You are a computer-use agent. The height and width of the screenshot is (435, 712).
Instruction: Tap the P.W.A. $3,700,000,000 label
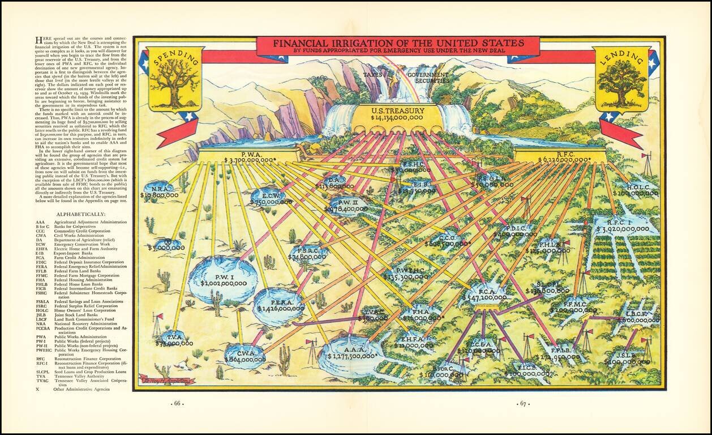(250, 157)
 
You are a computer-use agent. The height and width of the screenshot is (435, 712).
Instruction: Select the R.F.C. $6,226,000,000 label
(560, 157)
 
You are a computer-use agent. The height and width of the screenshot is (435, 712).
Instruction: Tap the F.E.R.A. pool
(280, 305)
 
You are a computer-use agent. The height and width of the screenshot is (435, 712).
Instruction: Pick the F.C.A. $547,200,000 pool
(484, 293)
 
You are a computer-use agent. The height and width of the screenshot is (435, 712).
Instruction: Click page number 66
(177, 404)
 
